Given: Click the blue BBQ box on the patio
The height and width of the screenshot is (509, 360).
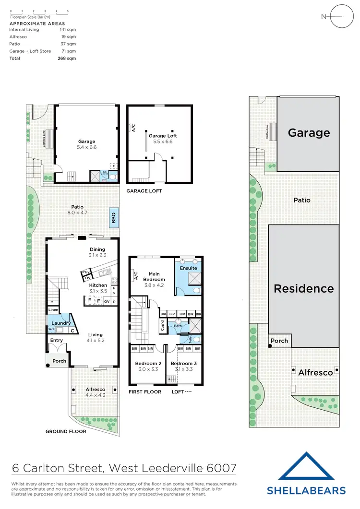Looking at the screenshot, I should pyautogui.click(x=114, y=218).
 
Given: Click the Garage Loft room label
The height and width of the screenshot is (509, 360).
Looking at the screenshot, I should pyautogui.click(x=160, y=136).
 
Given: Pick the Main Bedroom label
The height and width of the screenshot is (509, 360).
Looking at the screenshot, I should pyautogui.click(x=154, y=276).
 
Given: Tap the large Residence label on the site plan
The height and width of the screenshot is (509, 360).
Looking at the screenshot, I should pyautogui.click(x=303, y=288).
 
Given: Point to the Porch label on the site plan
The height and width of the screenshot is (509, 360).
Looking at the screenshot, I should pyautogui.click(x=279, y=341).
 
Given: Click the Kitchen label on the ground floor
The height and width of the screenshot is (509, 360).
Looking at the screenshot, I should pyautogui.click(x=98, y=285).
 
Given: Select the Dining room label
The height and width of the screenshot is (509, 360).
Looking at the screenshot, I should pyautogui.click(x=98, y=249).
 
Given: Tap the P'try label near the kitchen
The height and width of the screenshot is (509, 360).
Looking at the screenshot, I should pyautogui.click(x=86, y=272).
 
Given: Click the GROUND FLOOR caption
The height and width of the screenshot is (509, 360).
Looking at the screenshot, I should pyautogui.click(x=66, y=431).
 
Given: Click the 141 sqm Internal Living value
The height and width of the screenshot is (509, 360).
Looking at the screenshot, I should pyautogui.click(x=71, y=30).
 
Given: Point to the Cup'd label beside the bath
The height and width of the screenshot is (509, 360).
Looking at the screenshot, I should pyautogui.click(x=163, y=327).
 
